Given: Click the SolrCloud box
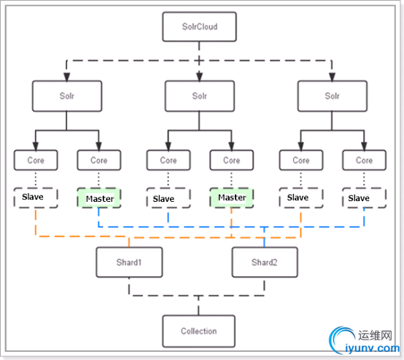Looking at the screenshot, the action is click(199, 26).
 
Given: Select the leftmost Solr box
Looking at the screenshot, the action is click(67, 96).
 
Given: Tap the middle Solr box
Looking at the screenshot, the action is click(199, 96).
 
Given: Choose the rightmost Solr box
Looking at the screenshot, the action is click(333, 96).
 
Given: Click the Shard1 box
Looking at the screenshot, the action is click(129, 262).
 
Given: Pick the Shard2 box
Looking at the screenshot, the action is click(265, 262).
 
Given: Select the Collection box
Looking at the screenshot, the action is click(198, 331).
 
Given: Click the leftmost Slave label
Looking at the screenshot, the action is click(33, 197).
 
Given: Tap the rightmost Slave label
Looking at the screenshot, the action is click(359, 198).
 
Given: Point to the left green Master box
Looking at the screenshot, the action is click(99, 198).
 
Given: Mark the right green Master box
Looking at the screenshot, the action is click(232, 197).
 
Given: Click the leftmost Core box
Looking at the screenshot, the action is click(36, 160).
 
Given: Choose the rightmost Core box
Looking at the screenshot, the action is click(365, 160).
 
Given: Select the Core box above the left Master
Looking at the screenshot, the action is click(99, 160).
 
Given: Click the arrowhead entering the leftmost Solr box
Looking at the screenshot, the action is click(67, 77).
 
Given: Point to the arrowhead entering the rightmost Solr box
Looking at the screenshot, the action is click(332, 77).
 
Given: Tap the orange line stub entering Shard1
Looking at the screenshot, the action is click(129, 243).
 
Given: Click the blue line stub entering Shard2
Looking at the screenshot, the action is click(265, 237).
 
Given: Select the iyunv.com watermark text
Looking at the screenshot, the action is click(373, 348).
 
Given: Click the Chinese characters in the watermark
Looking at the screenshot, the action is click(375, 335).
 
